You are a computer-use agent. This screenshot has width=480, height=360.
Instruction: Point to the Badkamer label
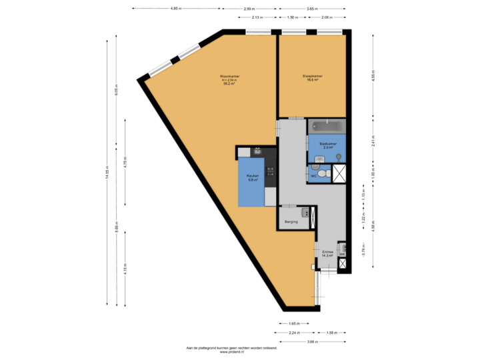(x=327, y=144)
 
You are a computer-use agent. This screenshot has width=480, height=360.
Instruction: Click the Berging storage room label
(x=290, y=221)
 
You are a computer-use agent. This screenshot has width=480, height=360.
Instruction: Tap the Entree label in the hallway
(x=327, y=253)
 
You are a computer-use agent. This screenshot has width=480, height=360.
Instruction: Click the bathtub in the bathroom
(x=327, y=125)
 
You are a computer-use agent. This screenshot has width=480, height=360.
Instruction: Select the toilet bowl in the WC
(x=323, y=173)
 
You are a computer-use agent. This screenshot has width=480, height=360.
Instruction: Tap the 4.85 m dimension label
(x=175, y=9)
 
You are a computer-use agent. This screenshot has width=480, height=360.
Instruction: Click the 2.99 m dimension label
(x=249, y=9)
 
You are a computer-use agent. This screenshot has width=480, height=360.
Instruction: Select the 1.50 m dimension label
(x=292, y=17)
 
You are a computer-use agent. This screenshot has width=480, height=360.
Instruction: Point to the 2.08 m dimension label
(x=327, y=17)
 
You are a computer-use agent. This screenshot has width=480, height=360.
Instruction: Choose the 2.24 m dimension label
(x=294, y=331)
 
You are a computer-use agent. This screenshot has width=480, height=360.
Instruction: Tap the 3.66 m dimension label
(x=313, y=341)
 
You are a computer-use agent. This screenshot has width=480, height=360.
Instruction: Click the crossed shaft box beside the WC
(x=341, y=173)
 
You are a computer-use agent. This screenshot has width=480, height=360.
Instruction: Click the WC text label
(x=313, y=177)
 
